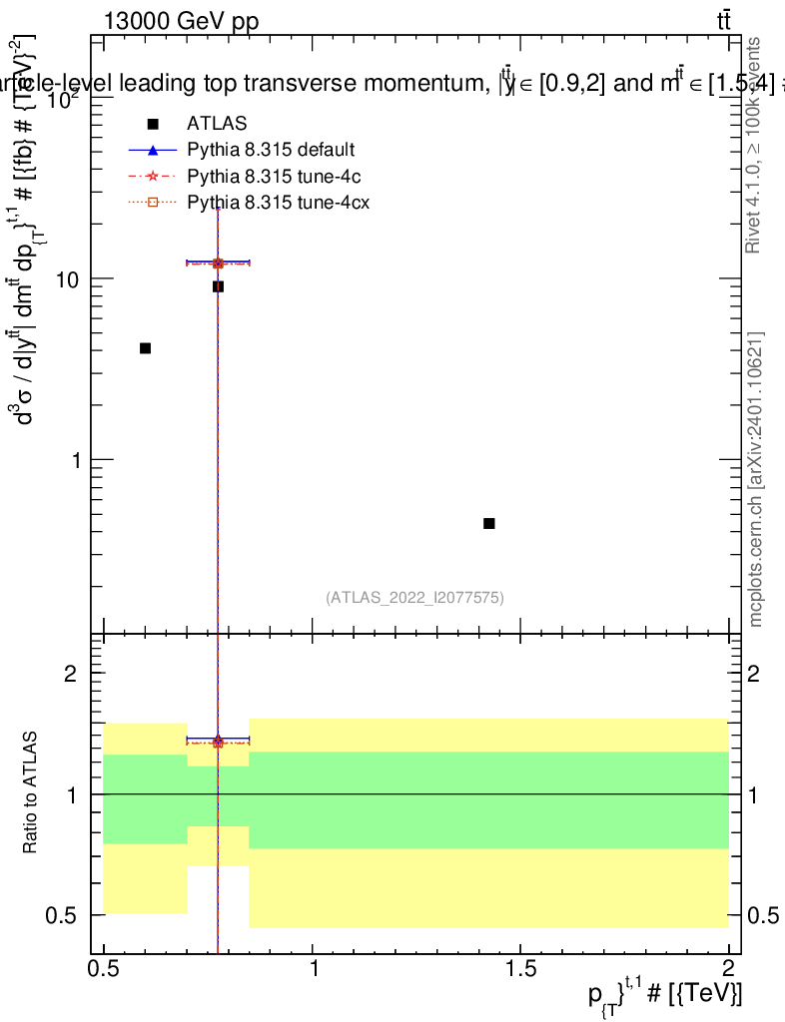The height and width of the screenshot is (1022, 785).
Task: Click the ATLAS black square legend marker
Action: click(152, 124)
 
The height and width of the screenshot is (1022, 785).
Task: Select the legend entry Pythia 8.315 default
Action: click(270, 151)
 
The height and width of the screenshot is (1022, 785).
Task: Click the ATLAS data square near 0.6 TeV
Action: click(145, 348)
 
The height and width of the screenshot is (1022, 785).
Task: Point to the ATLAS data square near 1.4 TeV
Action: click(489, 523)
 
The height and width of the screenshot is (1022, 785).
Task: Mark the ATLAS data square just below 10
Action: click(218, 286)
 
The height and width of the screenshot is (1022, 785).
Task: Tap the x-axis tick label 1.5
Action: click(521, 968)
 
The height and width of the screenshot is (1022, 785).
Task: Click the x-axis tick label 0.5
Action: click(103, 968)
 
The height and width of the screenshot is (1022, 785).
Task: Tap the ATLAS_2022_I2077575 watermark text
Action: click(414, 598)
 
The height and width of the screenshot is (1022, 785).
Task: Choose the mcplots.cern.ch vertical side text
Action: click(757, 479)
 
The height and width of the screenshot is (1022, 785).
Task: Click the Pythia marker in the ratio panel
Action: click(218, 741)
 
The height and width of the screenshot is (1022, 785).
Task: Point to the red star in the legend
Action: click(152, 177)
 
